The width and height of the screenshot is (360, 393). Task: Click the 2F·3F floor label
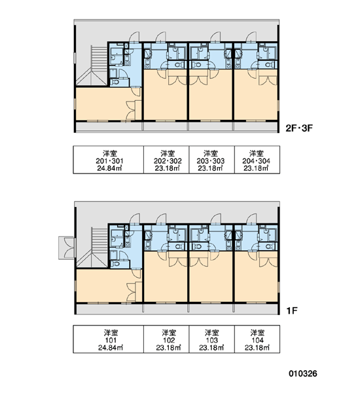(x=299, y=128)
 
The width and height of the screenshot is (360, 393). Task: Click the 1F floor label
(x=292, y=310)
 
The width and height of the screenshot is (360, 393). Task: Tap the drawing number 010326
(x=303, y=373)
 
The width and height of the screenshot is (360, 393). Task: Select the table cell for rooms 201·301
(x=108, y=160)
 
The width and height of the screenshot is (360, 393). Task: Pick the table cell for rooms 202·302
(x=166, y=160)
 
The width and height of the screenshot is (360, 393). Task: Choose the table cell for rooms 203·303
(x=211, y=160)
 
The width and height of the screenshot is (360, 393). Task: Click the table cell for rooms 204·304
(x=257, y=160)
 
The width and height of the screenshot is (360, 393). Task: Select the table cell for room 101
(x=108, y=339)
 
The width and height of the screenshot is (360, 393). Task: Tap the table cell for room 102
(x=166, y=339)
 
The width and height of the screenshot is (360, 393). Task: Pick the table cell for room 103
(x=211, y=339)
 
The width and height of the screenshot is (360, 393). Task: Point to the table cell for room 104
(x=257, y=339)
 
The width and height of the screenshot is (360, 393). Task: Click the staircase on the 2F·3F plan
(x=92, y=65)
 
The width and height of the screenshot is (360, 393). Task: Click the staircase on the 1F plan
(x=92, y=248)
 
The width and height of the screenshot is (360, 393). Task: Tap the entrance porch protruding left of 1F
(x=67, y=248)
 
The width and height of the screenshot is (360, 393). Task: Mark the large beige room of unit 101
(x=105, y=286)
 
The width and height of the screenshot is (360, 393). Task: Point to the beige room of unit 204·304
(x=256, y=95)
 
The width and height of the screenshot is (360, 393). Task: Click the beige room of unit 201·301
(x=105, y=103)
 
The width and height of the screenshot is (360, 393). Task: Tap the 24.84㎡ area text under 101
(x=111, y=348)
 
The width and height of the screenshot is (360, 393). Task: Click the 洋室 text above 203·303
(x=211, y=153)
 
